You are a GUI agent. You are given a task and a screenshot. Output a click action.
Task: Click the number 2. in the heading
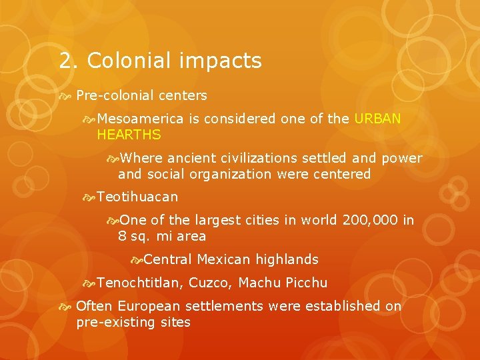(x=69, y=61)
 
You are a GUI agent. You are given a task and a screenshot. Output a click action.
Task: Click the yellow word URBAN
(x=378, y=119)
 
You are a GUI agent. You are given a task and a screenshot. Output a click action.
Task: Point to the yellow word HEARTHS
(x=129, y=135)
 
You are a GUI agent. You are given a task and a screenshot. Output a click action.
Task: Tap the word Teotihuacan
(x=137, y=197)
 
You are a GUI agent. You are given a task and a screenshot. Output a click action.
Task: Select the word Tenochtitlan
(x=139, y=283)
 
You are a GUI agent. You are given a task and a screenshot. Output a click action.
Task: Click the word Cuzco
(x=210, y=283)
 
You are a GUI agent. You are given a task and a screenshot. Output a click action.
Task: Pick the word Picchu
(x=306, y=283)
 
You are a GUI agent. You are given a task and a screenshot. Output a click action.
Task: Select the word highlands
(x=287, y=259)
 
